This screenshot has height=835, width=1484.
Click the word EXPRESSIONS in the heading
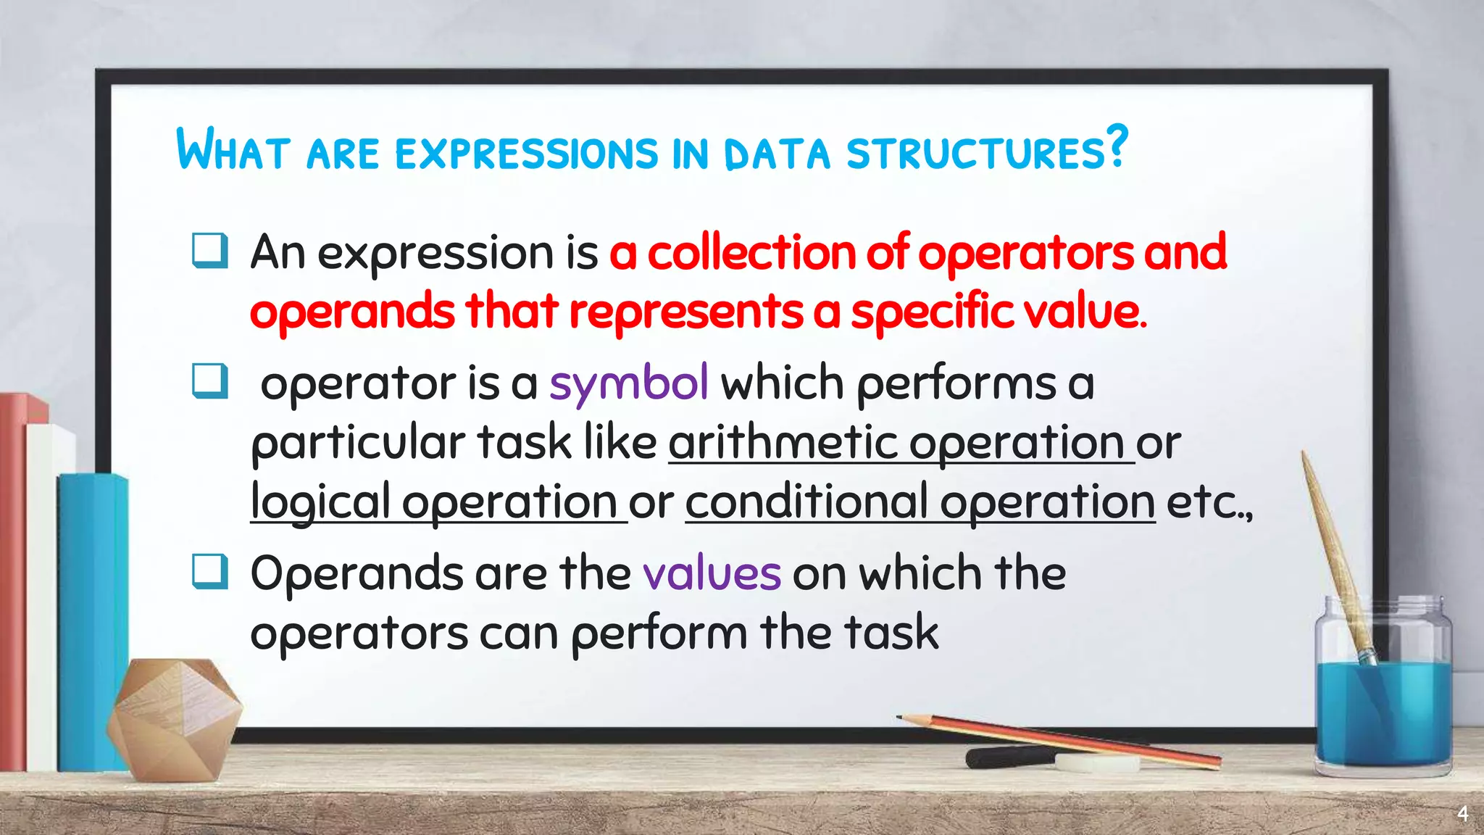[526, 153]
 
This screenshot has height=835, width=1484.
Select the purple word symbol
[628, 383]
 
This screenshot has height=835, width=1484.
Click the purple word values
[712, 573]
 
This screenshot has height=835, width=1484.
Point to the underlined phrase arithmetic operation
[901, 443]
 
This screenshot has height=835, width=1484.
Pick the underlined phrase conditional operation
[920, 502]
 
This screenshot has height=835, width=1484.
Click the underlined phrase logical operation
[438, 502]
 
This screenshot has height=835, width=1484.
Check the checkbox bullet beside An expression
[210, 251]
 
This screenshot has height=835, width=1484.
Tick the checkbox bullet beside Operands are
[210, 572]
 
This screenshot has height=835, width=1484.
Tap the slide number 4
[1462, 814]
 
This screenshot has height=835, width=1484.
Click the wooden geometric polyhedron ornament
[174, 718]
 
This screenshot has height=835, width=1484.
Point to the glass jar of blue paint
[1383, 696]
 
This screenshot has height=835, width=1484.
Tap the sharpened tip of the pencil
[901, 718]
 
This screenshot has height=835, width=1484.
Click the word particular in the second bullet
[358, 443]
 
